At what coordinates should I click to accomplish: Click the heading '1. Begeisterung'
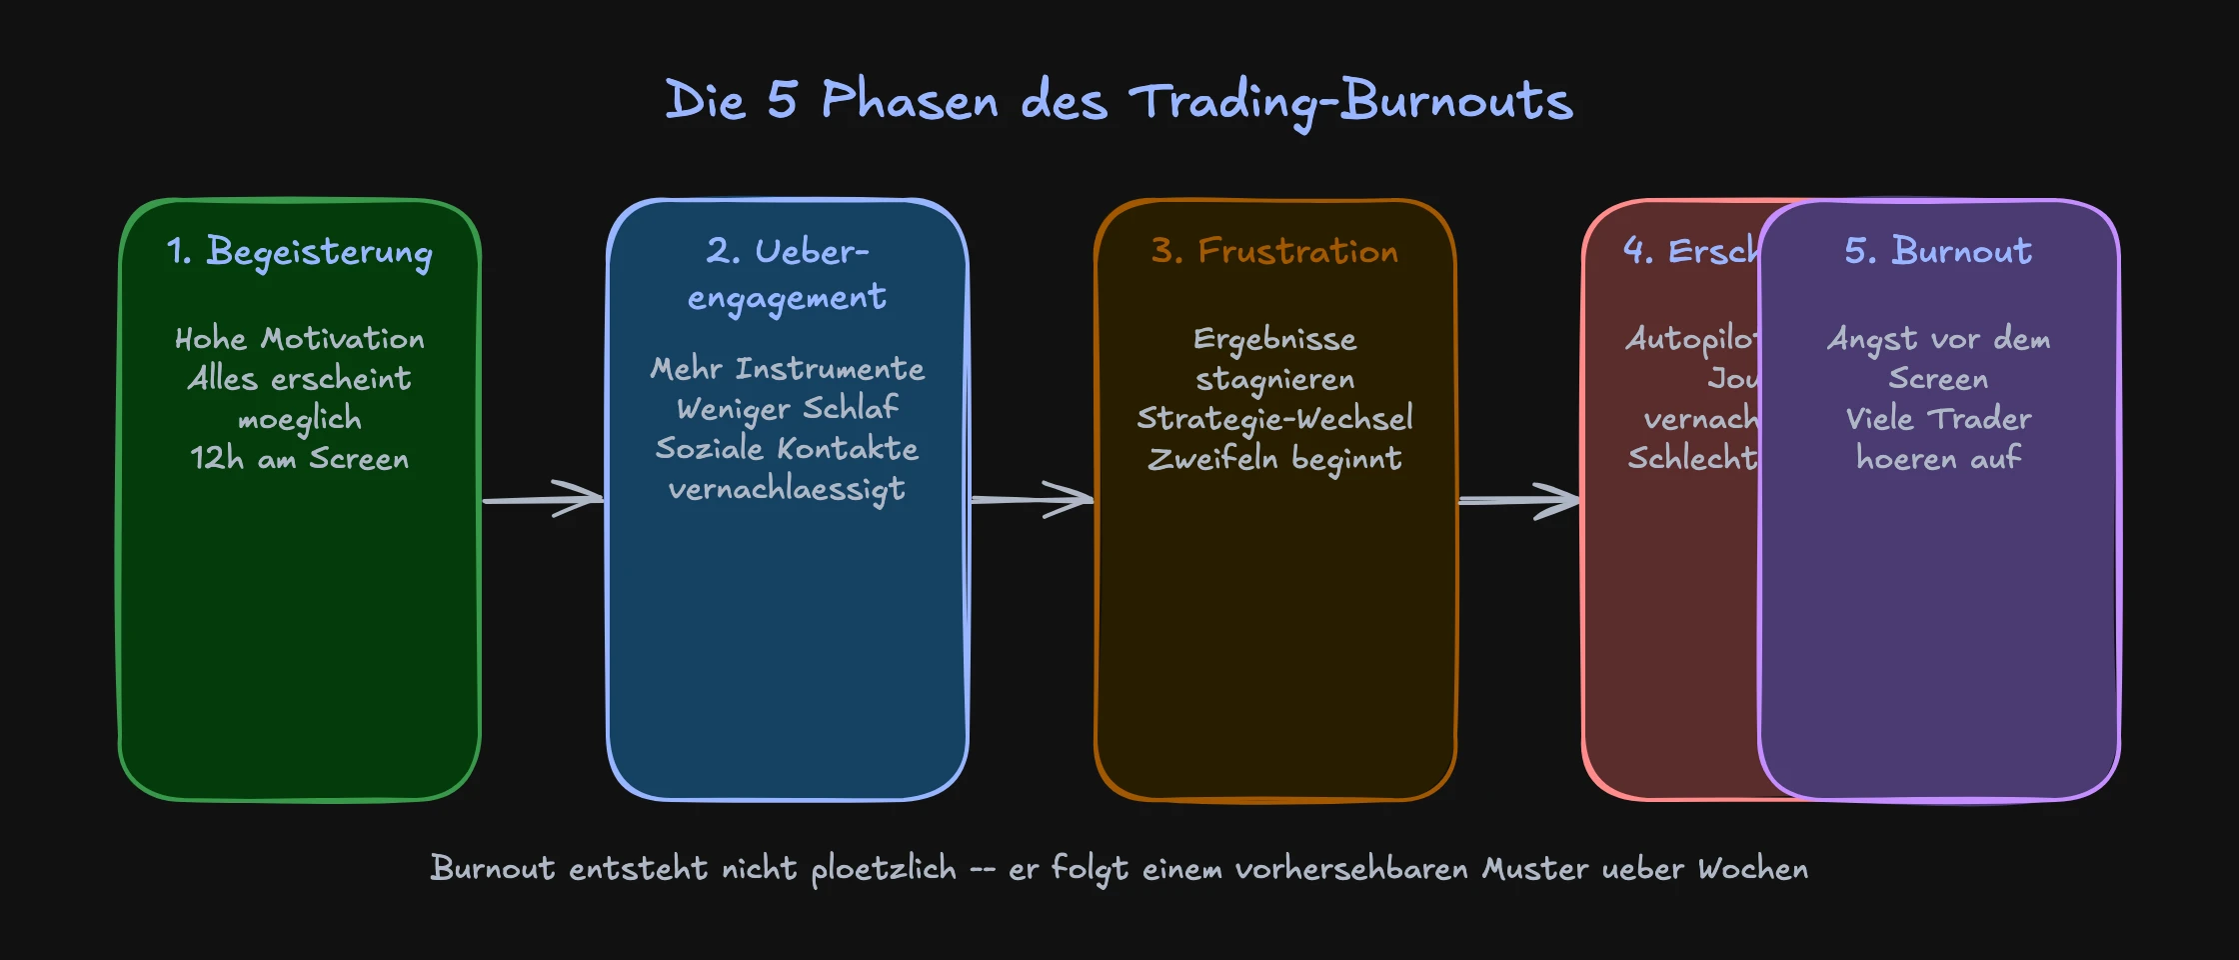pos(300,252)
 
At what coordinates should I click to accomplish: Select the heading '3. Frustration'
pos(1274,251)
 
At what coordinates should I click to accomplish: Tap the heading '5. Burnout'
pos(1938,251)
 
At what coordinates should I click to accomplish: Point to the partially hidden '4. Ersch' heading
pos(1690,251)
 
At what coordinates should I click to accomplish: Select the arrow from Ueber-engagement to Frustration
pos(1032,498)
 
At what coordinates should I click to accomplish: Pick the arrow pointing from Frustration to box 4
pos(1519,499)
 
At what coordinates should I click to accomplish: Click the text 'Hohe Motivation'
pos(300,339)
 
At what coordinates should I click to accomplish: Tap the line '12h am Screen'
pos(300,459)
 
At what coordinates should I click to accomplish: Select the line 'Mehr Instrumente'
pos(788,369)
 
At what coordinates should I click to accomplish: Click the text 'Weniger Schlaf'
pos(788,409)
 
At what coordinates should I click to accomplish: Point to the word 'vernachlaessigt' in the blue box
pos(788,489)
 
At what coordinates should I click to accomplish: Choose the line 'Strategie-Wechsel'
pos(1274,419)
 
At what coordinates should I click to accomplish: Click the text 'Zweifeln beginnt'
pos(1274,459)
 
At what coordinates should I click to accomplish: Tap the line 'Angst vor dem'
pos(1938,340)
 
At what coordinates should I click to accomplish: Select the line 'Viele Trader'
pos(1938,419)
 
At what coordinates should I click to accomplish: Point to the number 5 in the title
pos(783,100)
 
